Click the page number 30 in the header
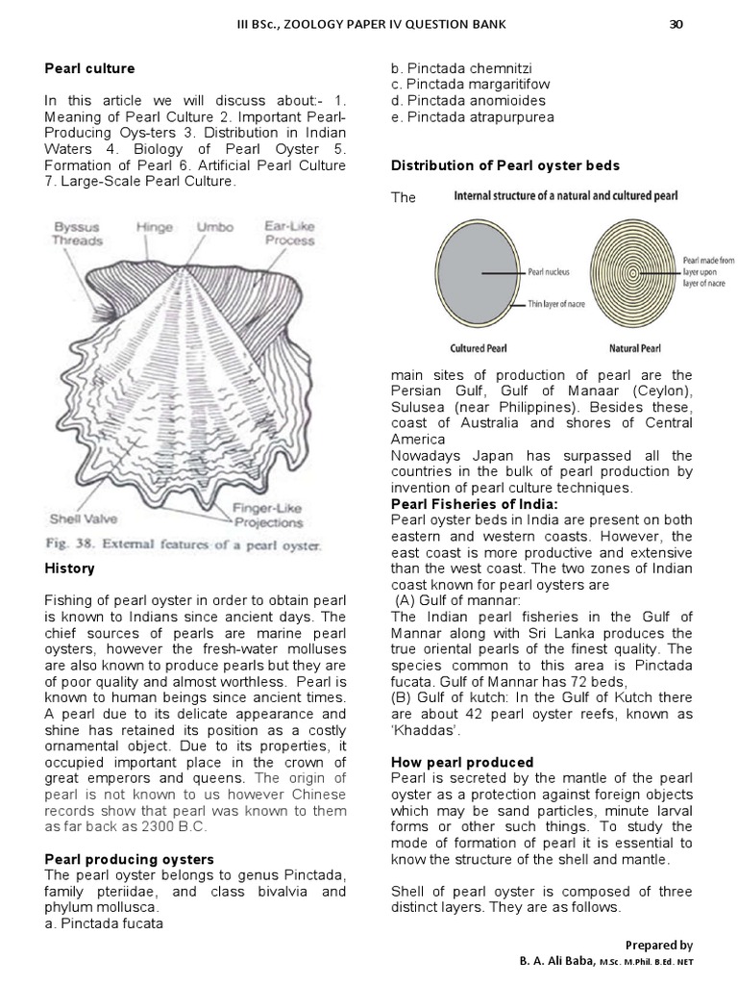(676, 25)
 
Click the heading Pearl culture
(90, 68)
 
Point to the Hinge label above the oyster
(155, 228)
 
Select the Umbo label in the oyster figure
(214, 228)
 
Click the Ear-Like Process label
(289, 234)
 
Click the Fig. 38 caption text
(183, 545)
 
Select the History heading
(69, 568)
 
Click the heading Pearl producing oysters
(130, 859)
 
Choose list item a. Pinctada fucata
(104, 924)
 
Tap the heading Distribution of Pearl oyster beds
(504, 165)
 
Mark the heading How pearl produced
(462, 762)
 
